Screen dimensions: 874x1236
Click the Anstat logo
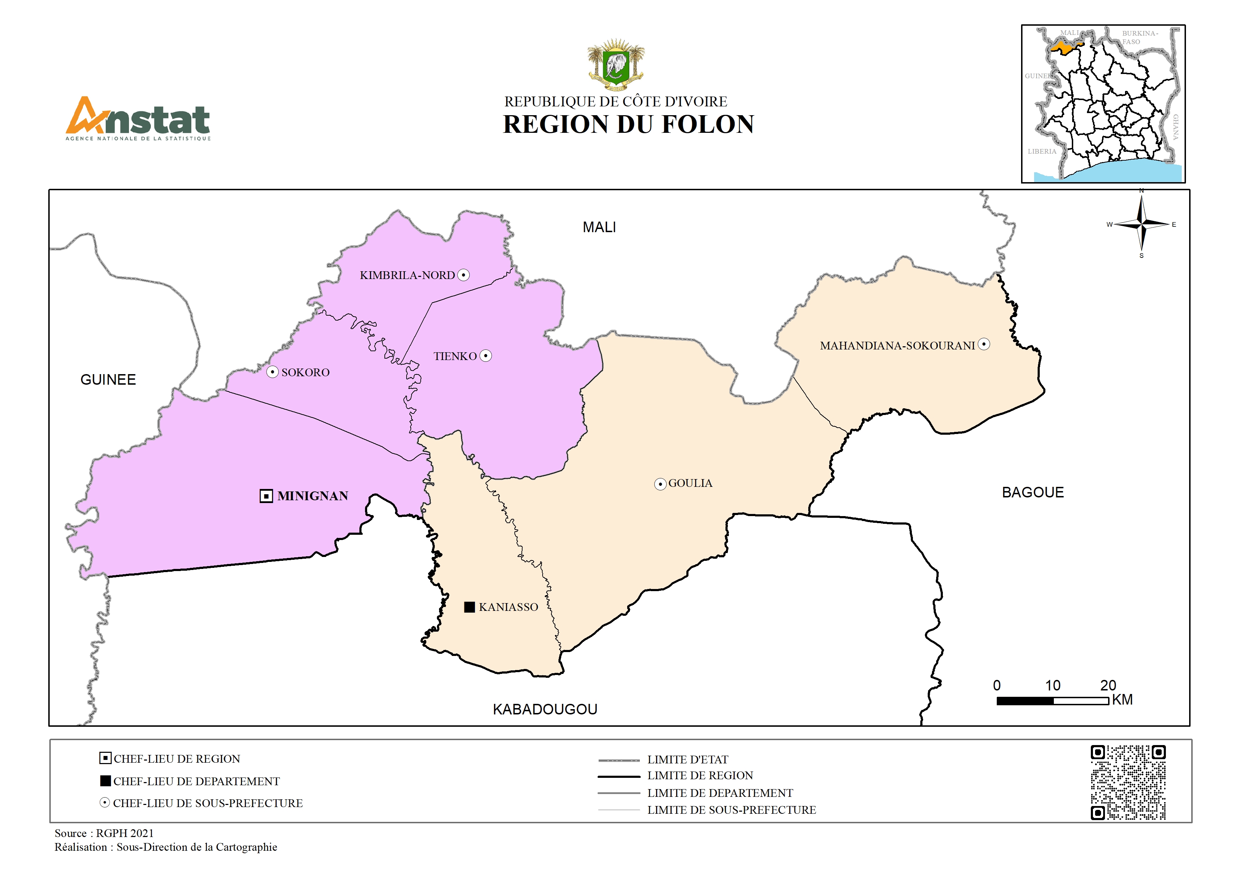coord(138,118)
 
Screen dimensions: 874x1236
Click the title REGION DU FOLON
coord(628,124)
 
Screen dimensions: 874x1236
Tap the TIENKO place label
coord(455,356)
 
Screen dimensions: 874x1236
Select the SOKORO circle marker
coord(272,372)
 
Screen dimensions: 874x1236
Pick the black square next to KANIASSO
coord(469,607)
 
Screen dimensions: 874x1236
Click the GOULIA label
coord(690,483)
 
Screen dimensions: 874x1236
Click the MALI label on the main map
coord(599,227)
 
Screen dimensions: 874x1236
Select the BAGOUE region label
coord(1032,492)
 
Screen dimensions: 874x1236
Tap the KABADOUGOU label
coord(545,709)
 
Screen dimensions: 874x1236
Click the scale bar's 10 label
coord(1052,686)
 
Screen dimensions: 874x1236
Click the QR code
coord(1128,782)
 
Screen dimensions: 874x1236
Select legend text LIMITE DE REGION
coord(700,775)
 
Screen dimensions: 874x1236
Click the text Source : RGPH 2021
coord(104,833)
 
